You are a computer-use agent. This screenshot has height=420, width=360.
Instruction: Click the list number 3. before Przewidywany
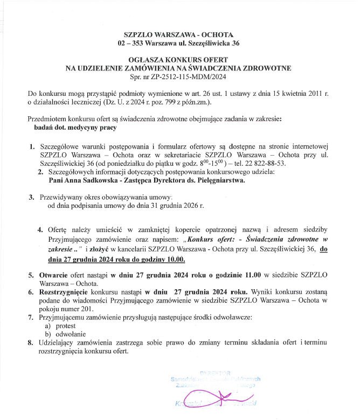[x=31, y=197]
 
